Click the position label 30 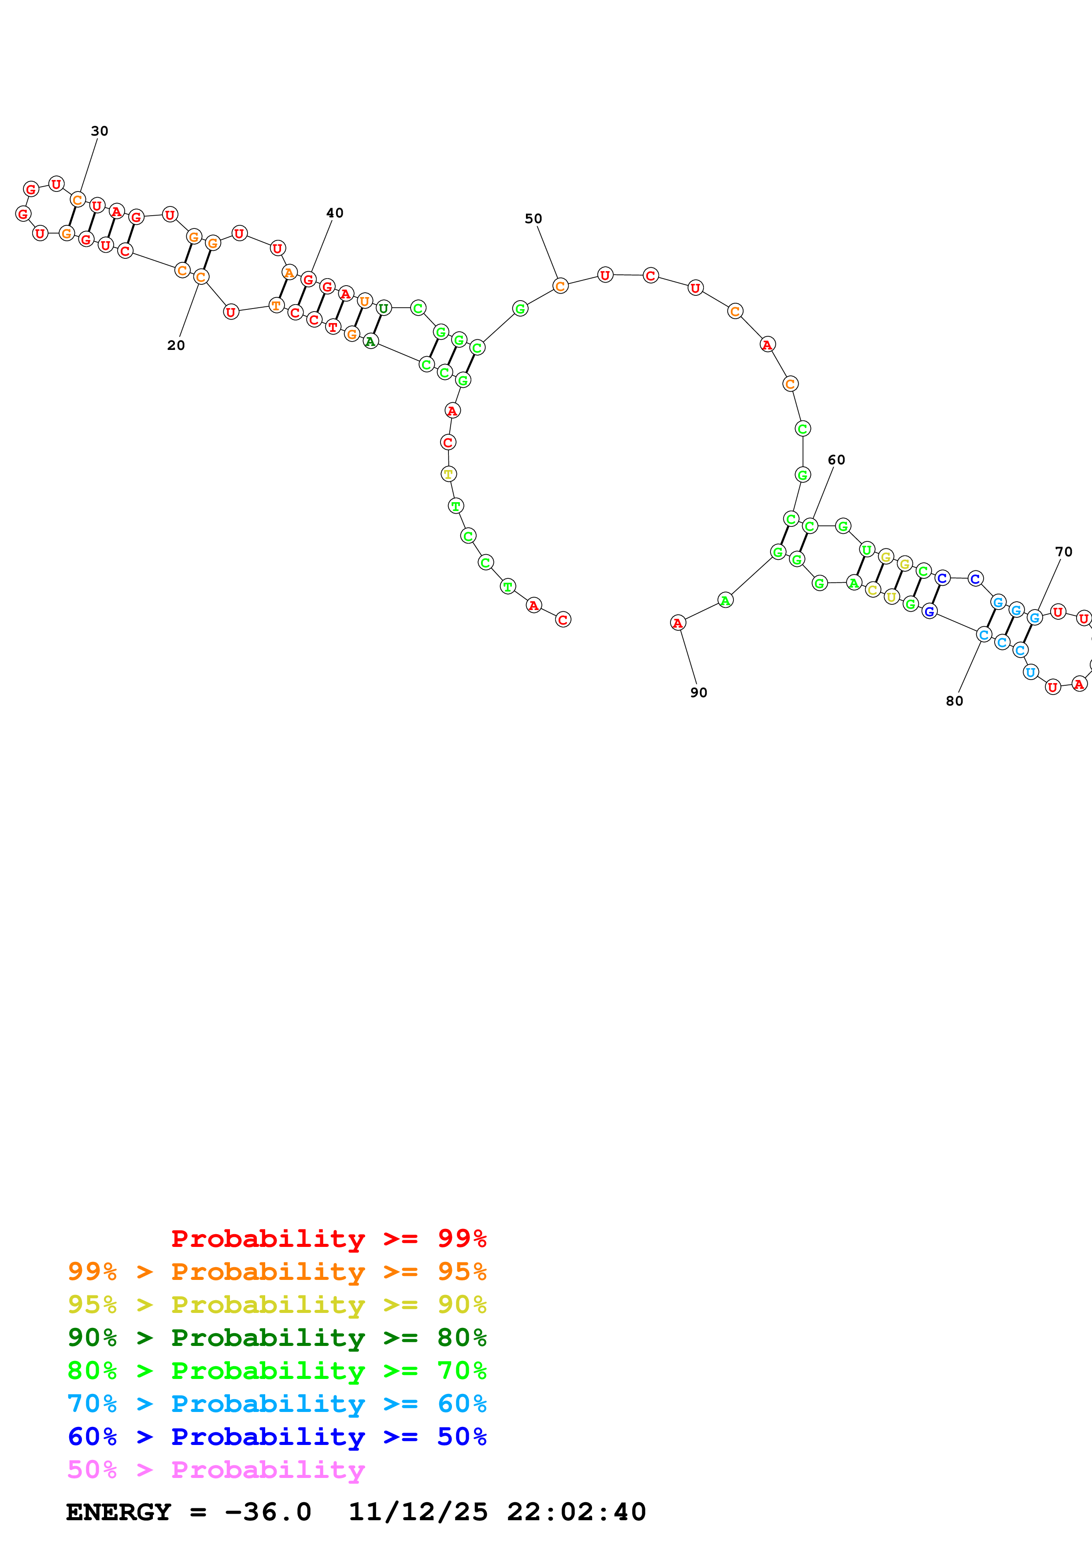(100, 131)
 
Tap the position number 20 (176, 346)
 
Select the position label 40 (334, 213)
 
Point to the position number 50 (533, 219)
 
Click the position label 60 (836, 460)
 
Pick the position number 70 (1063, 552)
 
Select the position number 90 (698, 693)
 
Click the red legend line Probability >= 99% (328, 1238)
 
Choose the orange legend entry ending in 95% (277, 1271)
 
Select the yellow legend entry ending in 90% (277, 1304)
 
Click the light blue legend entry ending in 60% (277, 1404)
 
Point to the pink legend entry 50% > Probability (216, 1469)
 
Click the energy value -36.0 (268, 1512)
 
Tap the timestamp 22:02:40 (576, 1512)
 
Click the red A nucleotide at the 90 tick (677, 623)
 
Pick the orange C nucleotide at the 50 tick (560, 286)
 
